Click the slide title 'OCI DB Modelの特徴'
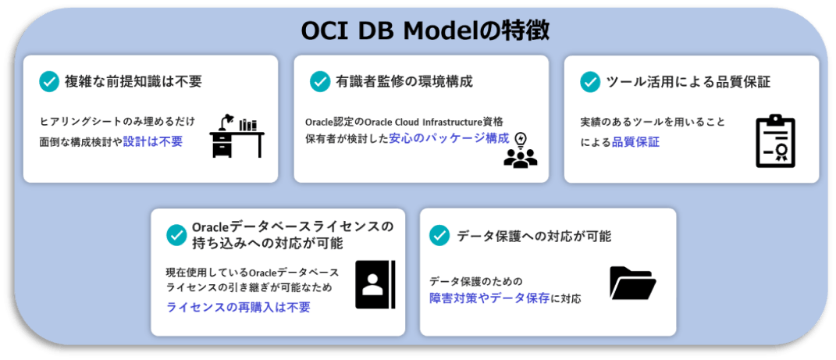point(425,30)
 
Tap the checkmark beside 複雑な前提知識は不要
point(49,81)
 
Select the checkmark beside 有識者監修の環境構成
point(320,81)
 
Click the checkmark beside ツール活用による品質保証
point(591,81)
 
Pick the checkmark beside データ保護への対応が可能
point(440,235)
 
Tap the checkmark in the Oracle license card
point(176,235)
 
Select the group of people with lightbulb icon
point(520,151)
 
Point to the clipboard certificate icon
point(774,141)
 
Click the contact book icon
point(375,283)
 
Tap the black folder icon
point(632,283)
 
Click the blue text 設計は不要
point(153,141)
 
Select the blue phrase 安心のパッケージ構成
point(449,139)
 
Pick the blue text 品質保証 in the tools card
point(635,142)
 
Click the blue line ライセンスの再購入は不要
point(238,307)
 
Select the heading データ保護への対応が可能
point(534,235)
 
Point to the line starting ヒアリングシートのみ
point(117,122)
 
